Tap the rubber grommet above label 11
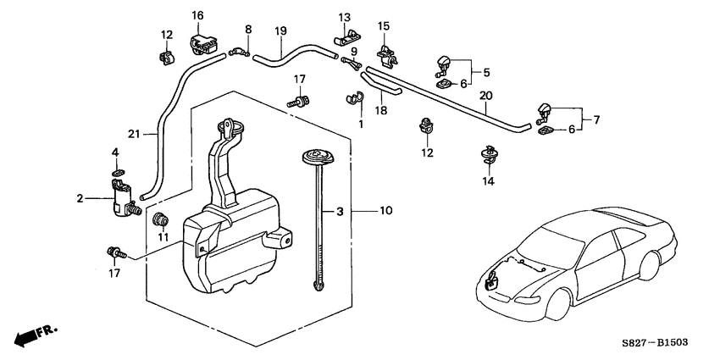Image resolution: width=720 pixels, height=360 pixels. (158, 221)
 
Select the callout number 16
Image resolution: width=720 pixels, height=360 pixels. (197, 15)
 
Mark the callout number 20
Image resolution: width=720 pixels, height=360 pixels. (485, 95)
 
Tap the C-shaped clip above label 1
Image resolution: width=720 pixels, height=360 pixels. (354, 100)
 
